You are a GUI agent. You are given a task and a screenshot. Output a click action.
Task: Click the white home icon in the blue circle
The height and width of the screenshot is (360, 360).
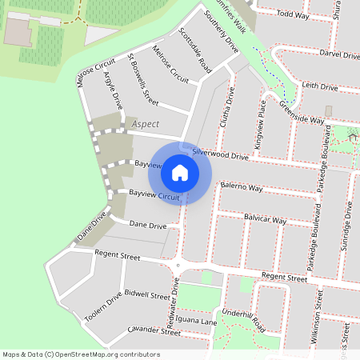180,172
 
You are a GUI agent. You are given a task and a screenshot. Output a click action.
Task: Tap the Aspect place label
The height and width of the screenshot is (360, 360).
146,124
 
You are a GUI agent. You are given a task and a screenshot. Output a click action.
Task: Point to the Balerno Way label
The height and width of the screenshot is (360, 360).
242,187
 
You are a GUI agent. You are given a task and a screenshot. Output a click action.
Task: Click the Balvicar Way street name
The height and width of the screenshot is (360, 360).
265,218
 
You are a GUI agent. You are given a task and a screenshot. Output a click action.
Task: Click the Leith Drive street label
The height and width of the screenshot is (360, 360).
320,86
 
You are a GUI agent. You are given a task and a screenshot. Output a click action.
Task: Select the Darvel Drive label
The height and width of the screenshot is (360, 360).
339,54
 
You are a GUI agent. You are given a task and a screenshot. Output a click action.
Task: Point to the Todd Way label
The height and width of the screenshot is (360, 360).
293,14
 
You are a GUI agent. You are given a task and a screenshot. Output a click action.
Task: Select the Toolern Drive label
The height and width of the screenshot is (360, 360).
103,307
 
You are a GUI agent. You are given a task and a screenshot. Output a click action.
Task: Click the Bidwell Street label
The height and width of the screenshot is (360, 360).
148,295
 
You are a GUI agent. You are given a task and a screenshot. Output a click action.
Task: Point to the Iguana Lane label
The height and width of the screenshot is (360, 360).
197,322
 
